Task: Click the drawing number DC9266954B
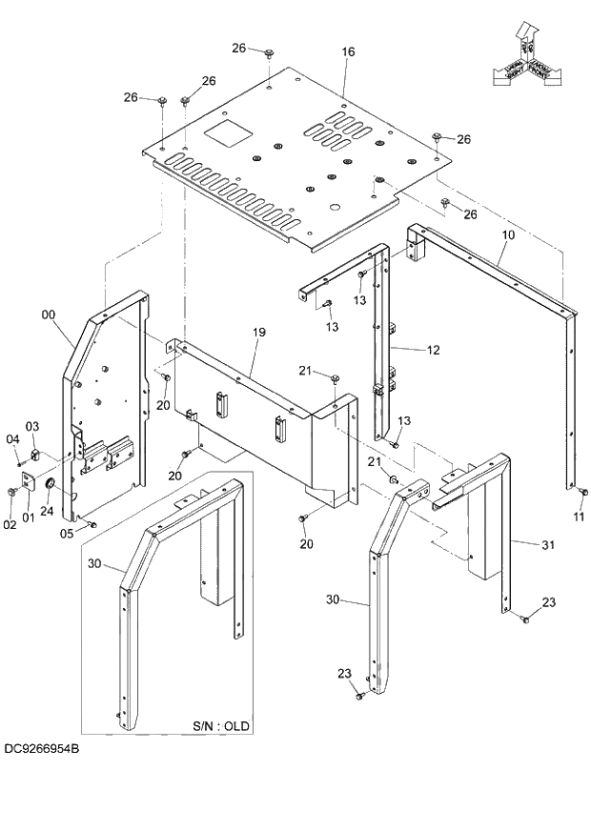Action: pos(40,751)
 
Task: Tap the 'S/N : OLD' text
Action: pos(221,725)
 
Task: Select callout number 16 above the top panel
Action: pos(348,51)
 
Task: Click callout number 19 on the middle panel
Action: pos(258,332)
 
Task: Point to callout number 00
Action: pos(49,314)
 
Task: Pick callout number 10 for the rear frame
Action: pos(508,233)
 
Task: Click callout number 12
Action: pos(433,350)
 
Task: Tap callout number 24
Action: pos(47,511)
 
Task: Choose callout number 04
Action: pos(12,438)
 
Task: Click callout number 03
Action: pos(31,426)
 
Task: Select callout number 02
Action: pos(10,524)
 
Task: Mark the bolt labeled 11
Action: pos(581,492)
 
